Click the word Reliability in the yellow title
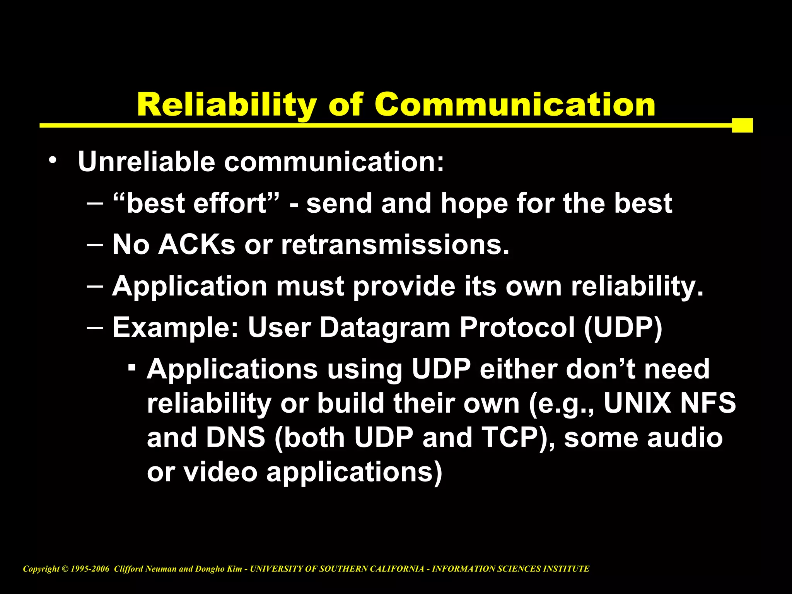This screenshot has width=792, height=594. (227, 105)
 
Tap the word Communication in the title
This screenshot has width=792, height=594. (514, 105)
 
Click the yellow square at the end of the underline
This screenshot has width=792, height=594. (742, 125)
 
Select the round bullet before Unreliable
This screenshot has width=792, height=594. (53, 160)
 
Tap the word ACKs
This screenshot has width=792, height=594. (196, 245)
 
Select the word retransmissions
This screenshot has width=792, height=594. (395, 245)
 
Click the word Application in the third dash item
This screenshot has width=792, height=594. (189, 287)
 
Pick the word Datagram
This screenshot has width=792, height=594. (385, 328)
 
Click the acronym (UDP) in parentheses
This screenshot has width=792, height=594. (623, 328)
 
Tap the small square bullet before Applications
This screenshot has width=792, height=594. (132, 366)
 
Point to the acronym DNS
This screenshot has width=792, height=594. (236, 438)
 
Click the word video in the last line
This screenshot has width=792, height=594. (220, 472)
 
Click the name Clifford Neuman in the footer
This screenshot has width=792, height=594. (145, 569)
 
